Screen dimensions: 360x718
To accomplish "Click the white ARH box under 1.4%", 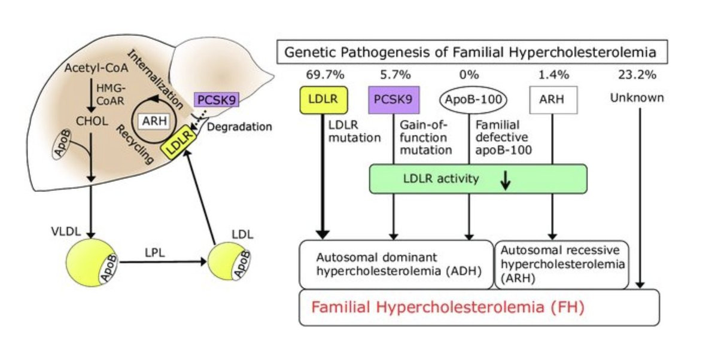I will (553, 101).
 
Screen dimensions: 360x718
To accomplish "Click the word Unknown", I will (637, 98).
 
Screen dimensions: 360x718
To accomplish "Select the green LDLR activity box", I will (477, 179).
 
